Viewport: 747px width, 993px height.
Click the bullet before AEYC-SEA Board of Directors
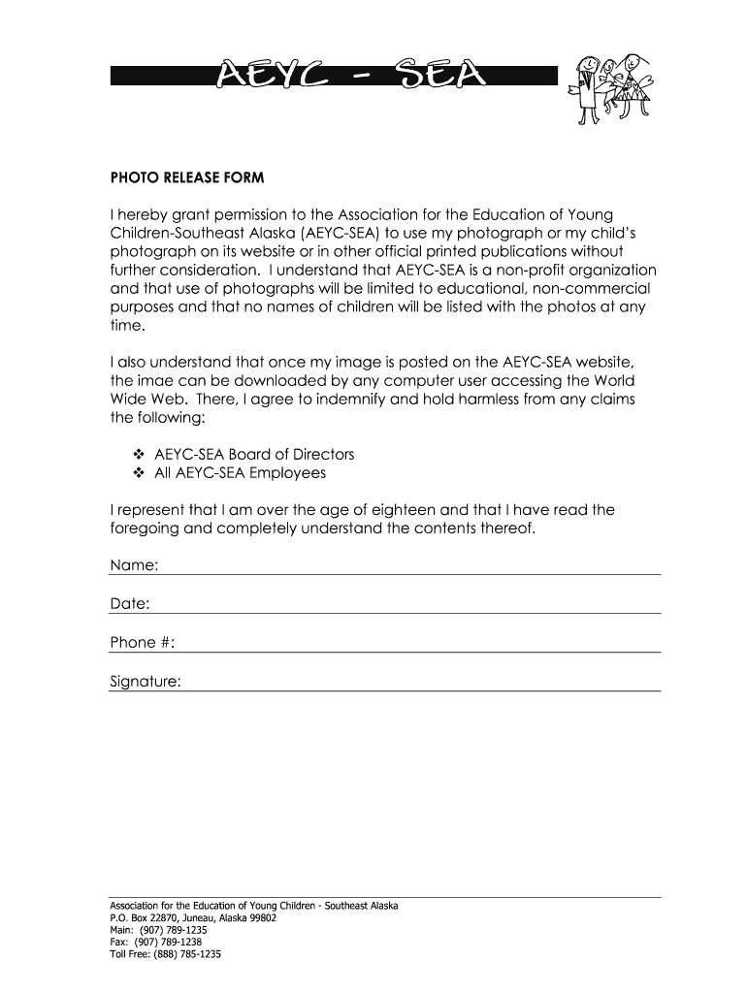click(137, 455)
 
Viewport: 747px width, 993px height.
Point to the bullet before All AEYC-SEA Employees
click(137, 474)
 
